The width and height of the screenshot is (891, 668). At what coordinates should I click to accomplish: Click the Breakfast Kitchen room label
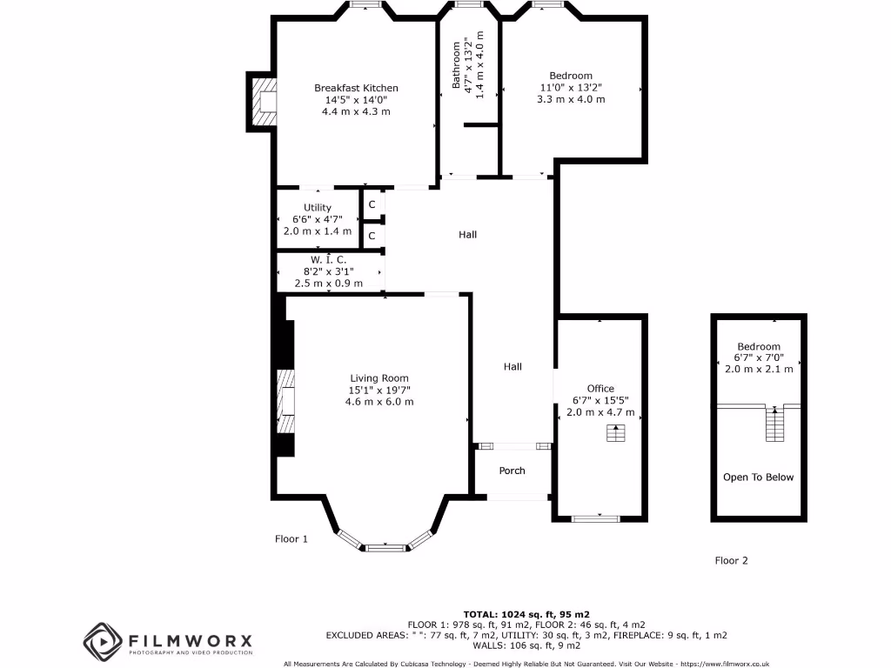[x=356, y=88]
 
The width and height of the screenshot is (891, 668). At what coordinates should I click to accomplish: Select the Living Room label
[x=379, y=377]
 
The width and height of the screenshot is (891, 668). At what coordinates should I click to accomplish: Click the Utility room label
[x=318, y=208]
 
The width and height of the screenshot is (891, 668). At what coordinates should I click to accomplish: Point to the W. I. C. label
[x=329, y=260]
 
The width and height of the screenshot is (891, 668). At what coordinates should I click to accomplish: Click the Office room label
[x=600, y=389]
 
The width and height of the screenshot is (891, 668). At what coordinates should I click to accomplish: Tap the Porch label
[x=512, y=471]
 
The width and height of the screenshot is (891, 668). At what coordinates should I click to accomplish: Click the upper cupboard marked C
[x=372, y=204]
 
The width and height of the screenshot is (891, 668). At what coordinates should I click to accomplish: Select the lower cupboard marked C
[x=372, y=236]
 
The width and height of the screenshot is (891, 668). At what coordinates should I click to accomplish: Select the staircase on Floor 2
[x=773, y=424]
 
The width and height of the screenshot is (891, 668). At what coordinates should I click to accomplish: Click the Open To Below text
[x=758, y=477]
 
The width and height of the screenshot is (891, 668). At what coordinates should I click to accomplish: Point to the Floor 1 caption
[x=291, y=539]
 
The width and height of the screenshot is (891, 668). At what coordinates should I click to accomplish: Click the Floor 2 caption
[x=731, y=561]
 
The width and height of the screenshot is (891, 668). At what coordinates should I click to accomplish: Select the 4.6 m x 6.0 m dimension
[x=379, y=402]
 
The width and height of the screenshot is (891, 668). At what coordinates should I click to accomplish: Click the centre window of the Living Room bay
[x=385, y=548]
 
